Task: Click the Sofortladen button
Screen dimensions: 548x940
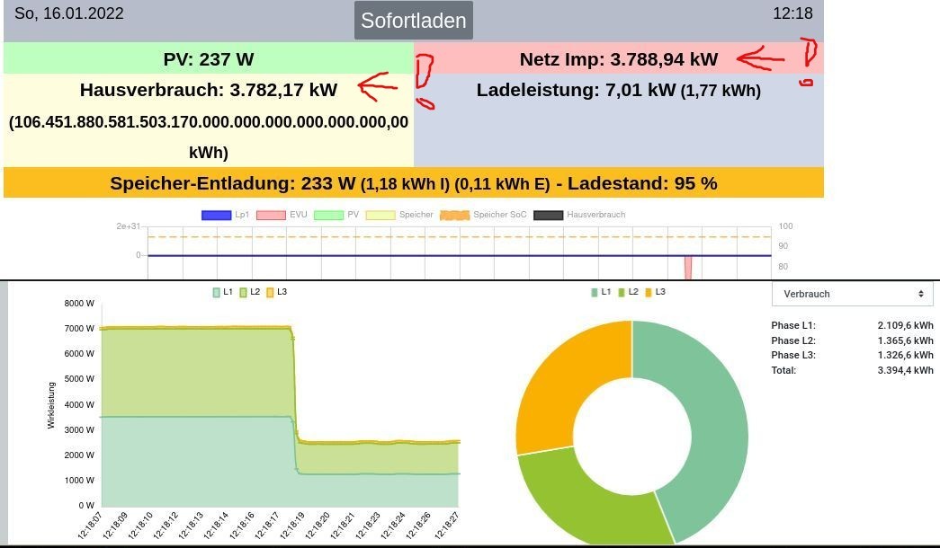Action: [413, 21]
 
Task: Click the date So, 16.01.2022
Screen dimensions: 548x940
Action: [69, 13]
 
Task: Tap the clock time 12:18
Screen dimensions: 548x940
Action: [792, 13]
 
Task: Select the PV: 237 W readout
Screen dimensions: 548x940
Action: [209, 59]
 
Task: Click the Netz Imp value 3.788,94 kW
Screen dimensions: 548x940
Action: [664, 59]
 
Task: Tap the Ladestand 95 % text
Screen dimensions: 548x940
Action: [643, 183]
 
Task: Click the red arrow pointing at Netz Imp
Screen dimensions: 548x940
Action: [760, 60]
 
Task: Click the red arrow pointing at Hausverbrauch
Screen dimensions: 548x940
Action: [378, 86]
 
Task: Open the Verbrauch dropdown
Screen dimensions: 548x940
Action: [852, 294]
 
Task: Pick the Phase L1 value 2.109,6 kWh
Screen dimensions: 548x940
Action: [905, 325]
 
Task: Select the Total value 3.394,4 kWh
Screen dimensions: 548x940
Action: [905, 369]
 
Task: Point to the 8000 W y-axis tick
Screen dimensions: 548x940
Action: [79, 304]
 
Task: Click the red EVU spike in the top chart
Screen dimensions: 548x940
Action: [688, 267]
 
